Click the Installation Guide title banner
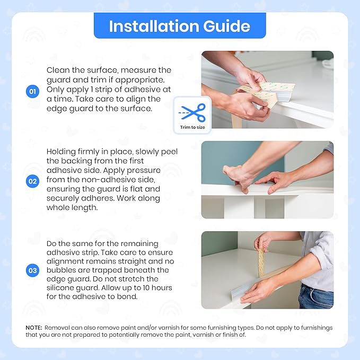point(180,26)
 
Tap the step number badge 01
point(33,92)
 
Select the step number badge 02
point(33,181)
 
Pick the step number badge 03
point(33,270)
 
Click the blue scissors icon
point(192,111)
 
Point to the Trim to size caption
point(192,127)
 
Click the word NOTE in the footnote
point(34,328)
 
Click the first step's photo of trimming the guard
point(267,90)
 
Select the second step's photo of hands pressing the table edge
point(267,179)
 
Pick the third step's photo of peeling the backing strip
point(267,270)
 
